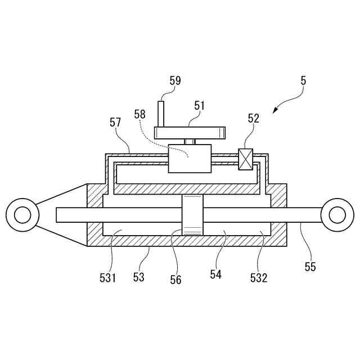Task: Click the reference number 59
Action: point(175,80)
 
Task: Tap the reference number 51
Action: point(200,105)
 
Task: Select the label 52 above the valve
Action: point(254,118)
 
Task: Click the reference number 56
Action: point(175,279)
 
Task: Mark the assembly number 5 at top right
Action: point(303,80)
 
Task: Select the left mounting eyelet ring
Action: point(22,214)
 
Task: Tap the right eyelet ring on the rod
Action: point(336,214)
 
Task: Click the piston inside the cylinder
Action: point(191,215)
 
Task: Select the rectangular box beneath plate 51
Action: point(190,158)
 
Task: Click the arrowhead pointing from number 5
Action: point(276,110)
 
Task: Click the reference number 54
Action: point(216,274)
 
